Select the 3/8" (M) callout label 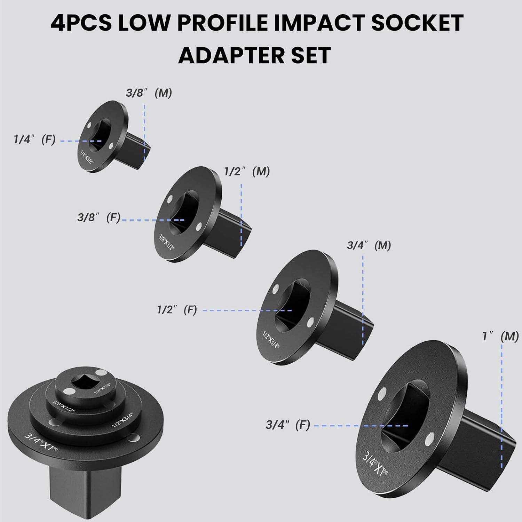[x=149, y=93]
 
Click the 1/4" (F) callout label [x=34, y=140]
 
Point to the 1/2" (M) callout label [x=247, y=172]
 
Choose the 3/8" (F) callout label [x=99, y=217]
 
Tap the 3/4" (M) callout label [x=369, y=245]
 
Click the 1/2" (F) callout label [x=177, y=309]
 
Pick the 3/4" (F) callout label [x=287, y=425]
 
